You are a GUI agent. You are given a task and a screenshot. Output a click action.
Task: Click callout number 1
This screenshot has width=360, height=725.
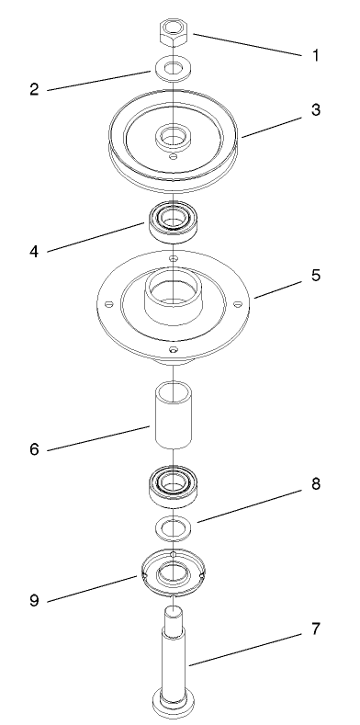315,55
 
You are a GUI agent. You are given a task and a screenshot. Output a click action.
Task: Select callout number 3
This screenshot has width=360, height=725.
315,109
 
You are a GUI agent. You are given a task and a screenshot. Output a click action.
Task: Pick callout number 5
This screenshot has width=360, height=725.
315,275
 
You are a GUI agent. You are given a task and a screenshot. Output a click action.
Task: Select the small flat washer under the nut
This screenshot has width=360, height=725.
171,70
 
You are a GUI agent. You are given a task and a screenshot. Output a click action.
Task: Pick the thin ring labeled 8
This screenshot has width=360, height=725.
171,527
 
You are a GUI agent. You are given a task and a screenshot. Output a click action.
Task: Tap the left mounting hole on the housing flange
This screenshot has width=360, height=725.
109,303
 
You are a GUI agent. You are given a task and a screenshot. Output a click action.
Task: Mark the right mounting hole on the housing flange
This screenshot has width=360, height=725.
235,301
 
